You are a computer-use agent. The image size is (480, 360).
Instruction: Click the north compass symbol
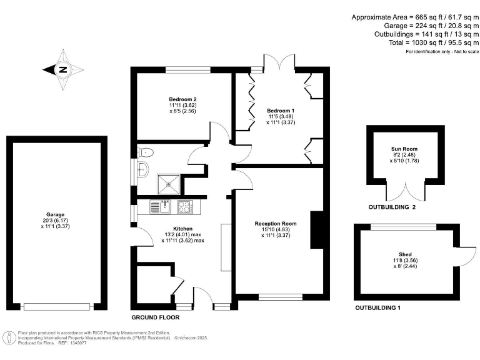62,70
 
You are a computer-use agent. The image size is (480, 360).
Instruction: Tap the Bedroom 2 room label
182,99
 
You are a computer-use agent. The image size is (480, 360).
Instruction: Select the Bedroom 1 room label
281,110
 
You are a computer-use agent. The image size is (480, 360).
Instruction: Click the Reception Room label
275,223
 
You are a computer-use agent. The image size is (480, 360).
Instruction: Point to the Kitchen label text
182,229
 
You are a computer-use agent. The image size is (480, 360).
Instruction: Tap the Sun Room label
404,149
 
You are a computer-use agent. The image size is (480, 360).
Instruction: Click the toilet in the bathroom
146,152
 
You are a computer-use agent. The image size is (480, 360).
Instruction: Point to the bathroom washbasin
143,167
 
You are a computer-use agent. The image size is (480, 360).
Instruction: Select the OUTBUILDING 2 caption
392,207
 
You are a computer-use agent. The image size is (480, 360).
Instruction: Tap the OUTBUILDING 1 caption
377,308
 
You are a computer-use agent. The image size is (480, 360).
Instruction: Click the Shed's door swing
467,256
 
